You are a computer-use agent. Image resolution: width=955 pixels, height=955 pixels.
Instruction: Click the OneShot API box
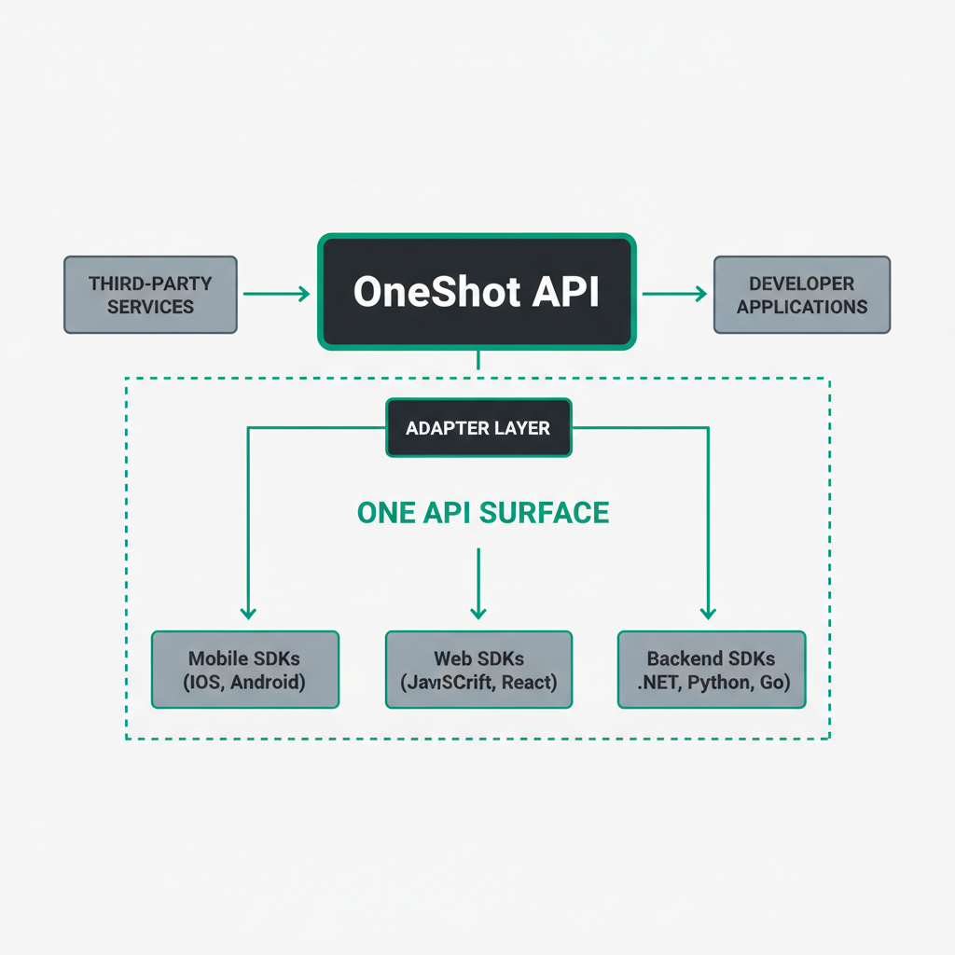click(477, 292)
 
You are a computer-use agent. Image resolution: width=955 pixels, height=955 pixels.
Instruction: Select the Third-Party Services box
click(150, 295)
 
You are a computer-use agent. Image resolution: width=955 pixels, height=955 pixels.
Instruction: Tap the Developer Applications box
click(802, 295)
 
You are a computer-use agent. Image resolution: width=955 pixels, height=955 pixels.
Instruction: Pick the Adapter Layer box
click(478, 429)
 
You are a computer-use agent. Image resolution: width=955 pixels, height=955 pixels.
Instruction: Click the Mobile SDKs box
click(244, 670)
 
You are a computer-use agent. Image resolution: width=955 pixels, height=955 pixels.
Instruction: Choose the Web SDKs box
click(478, 670)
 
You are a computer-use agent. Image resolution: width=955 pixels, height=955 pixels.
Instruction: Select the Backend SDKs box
click(712, 670)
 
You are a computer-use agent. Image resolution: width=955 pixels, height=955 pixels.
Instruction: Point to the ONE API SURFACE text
click(483, 513)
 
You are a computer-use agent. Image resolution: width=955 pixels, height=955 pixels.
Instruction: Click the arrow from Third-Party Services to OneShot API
click(276, 294)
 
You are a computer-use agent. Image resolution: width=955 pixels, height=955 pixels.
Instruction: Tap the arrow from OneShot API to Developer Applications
click(674, 294)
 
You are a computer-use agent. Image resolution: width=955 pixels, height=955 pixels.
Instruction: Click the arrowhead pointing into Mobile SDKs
click(247, 613)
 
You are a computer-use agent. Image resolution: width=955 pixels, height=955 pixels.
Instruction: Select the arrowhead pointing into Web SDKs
click(478, 613)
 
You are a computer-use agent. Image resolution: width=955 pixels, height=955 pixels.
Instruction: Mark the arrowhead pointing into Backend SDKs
click(709, 613)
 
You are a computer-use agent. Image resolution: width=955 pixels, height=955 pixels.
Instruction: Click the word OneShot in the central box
click(423, 292)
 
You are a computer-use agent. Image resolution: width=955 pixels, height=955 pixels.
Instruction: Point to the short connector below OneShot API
click(477, 360)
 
